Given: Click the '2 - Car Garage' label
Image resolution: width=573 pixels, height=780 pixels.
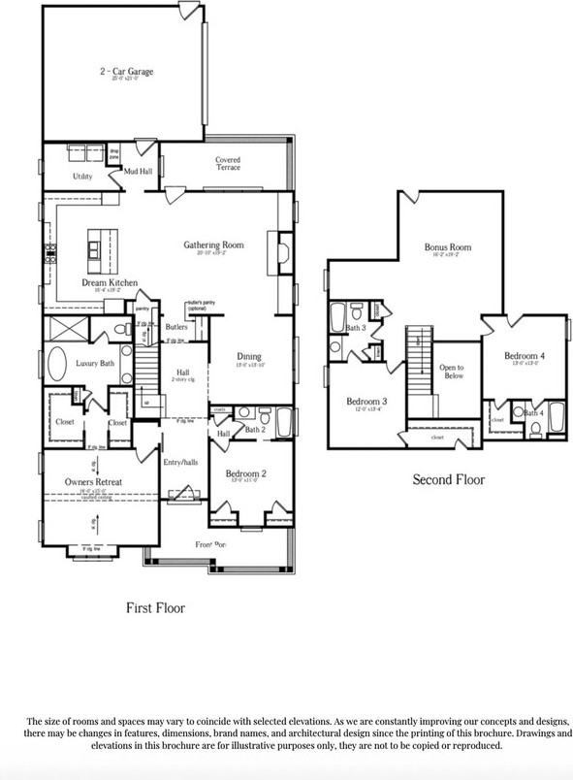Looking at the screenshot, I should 126,72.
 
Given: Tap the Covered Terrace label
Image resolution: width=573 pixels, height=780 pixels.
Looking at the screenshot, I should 228,163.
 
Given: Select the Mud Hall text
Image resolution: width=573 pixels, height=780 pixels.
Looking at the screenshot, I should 137,171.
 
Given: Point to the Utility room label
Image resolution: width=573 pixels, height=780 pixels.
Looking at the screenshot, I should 83,176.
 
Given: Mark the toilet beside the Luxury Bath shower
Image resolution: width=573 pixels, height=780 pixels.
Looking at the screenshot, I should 123,330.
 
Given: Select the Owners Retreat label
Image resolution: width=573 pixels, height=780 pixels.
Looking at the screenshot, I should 93,481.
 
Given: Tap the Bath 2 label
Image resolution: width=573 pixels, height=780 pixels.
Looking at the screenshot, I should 255,428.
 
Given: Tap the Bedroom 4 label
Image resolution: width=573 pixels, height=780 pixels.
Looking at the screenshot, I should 525,356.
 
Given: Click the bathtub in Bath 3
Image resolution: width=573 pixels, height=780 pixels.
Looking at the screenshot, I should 337,317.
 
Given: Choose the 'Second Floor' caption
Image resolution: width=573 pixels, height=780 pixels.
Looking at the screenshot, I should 448,479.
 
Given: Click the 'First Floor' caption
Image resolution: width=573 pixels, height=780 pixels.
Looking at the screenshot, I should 155,607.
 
